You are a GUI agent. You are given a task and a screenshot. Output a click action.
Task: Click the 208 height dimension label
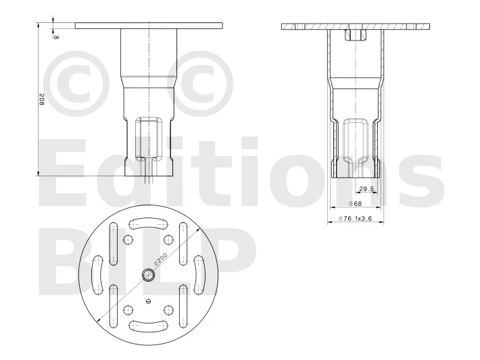coord(42,99)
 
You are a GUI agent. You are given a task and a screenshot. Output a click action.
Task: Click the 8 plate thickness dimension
coord(56,37)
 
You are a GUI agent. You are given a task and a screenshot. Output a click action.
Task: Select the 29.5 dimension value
coord(366,189)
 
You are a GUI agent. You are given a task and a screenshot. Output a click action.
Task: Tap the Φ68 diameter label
coord(356,203)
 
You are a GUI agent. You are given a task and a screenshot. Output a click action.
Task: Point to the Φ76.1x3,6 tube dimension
coord(355,218)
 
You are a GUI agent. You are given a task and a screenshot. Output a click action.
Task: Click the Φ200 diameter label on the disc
coord(161,259)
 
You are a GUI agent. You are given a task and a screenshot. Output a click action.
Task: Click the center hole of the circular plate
coord(149,276)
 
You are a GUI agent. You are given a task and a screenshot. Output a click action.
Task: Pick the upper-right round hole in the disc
coord(168,240)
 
